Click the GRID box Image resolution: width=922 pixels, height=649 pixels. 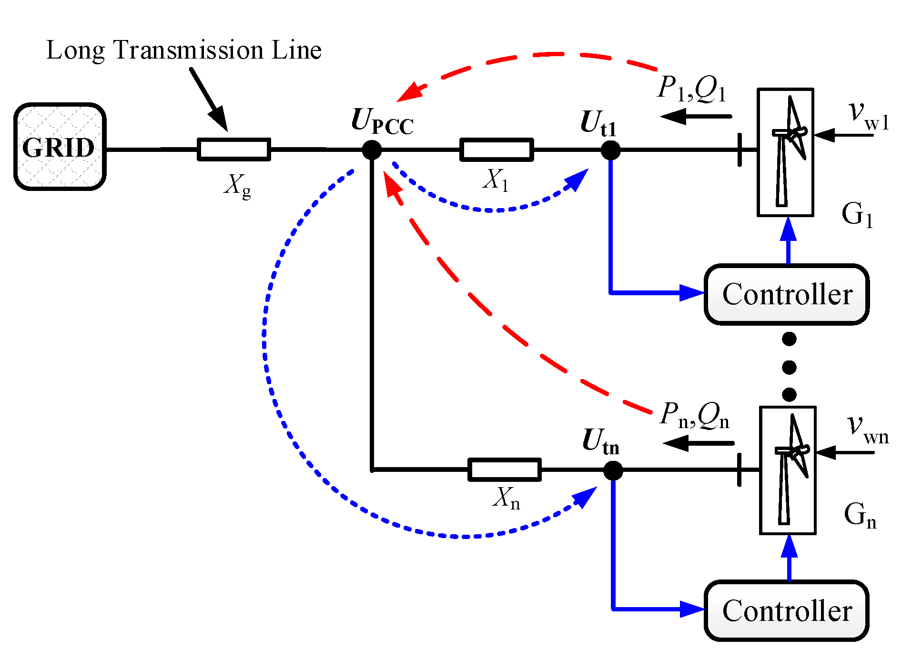(60, 147)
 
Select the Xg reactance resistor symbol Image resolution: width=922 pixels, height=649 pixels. (234, 150)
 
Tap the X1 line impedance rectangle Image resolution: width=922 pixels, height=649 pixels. (496, 150)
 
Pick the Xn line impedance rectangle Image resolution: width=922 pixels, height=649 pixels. (505, 470)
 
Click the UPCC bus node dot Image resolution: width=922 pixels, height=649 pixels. (372, 150)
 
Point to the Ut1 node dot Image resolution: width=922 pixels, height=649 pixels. (610, 150)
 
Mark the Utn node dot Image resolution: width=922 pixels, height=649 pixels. (613, 470)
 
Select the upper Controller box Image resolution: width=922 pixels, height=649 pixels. (787, 294)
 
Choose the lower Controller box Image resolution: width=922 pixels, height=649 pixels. (787, 611)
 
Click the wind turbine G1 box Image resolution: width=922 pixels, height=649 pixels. (785, 152)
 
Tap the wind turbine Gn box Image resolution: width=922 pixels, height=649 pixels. (788, 470)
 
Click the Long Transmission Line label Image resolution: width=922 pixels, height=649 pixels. (184, 50)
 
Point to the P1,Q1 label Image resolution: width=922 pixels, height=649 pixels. (692, 89)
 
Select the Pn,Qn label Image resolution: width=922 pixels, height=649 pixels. (695, 415)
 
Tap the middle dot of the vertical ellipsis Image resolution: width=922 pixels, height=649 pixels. (789, 367)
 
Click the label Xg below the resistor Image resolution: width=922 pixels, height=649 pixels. (237, 186)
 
